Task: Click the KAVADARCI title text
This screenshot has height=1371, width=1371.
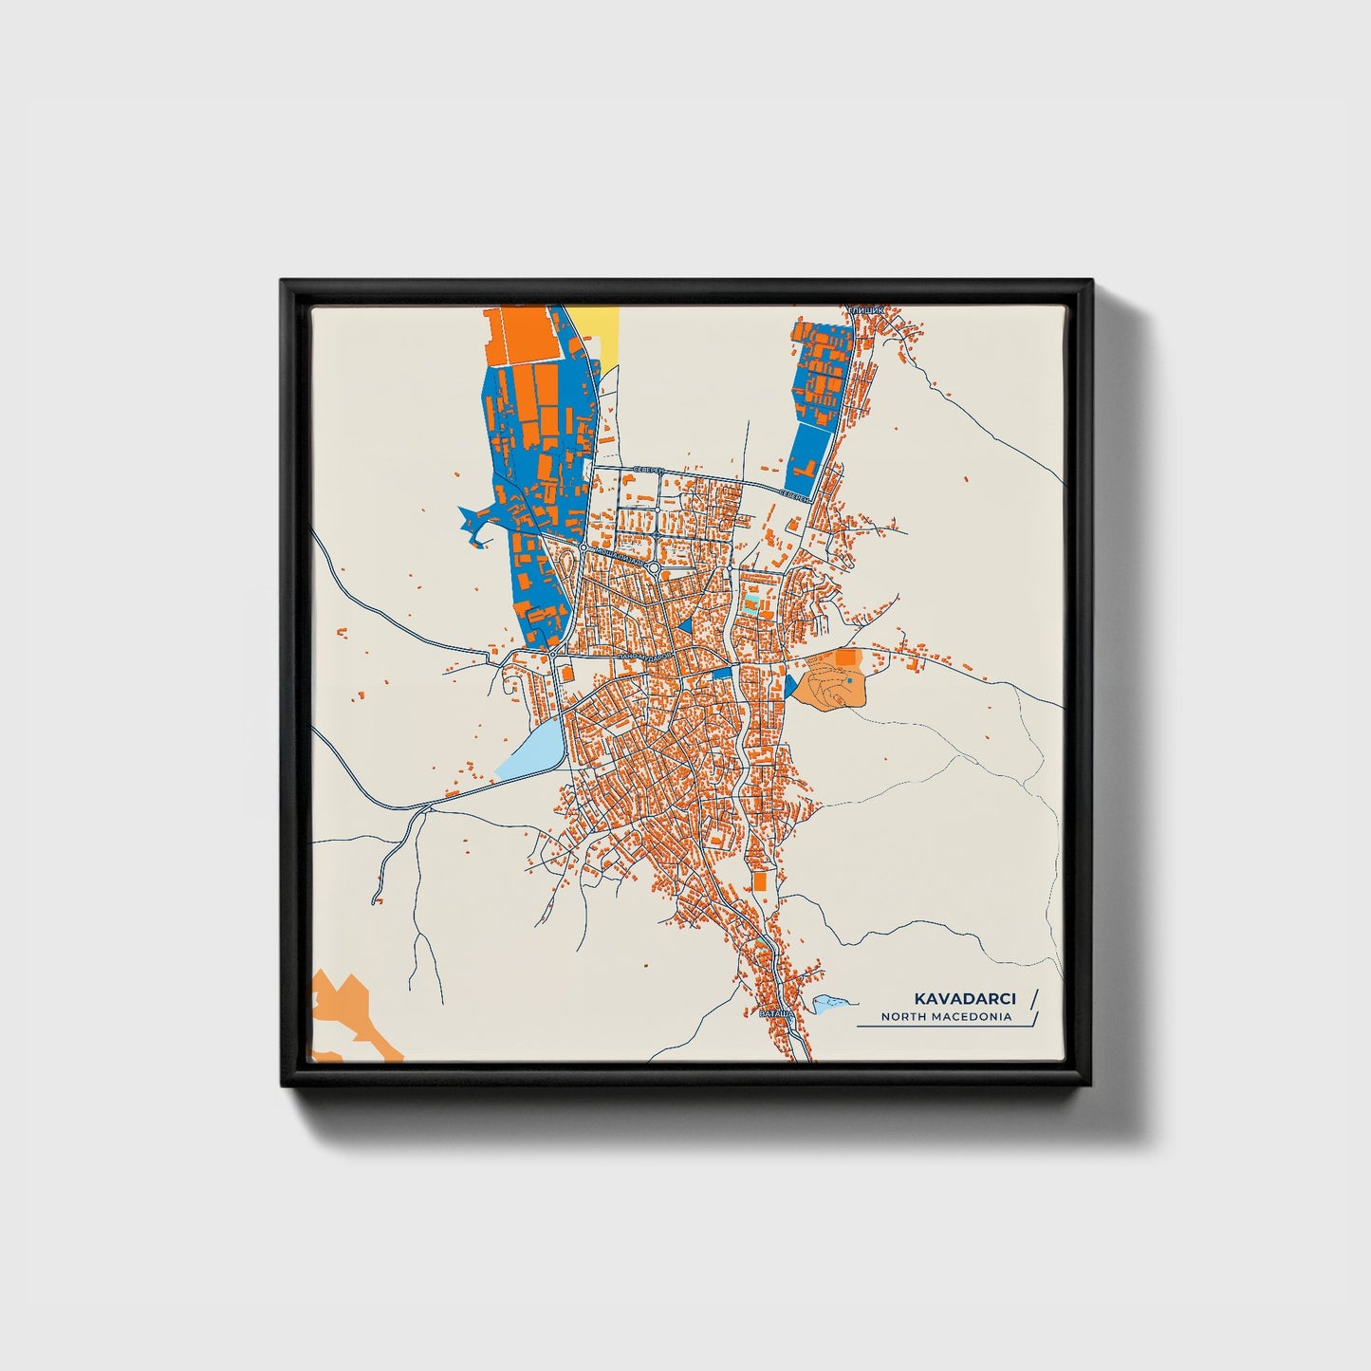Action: [965, 999]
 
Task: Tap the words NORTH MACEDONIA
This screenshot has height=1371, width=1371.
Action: [946, 1017]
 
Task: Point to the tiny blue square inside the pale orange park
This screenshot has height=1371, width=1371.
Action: [850, 679]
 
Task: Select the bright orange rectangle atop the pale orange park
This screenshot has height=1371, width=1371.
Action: [844, 657]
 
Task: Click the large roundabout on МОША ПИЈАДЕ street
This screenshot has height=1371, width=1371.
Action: [654, 566]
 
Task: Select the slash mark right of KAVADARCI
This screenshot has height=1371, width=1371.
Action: [1033, 998]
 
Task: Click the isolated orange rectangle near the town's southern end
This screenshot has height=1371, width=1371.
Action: [760, 881]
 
